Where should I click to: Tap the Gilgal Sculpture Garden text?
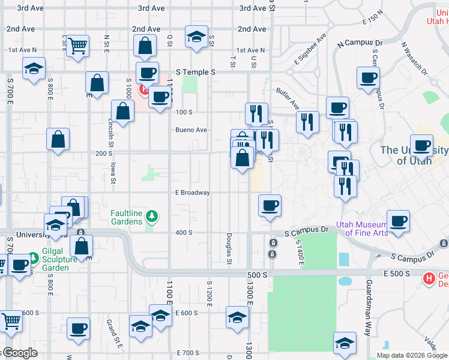click(x=59, y=259)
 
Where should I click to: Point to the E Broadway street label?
click(x=193, y=193)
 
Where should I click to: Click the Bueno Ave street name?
click(x=191, y=130)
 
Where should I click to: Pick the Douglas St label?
click(x=229, y=248)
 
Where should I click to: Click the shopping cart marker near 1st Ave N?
click(x=77, y=46)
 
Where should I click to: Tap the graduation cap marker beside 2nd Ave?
click(x=196, y=37)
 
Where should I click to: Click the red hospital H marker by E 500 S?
click(x=429, y=278)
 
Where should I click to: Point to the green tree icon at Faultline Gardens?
click(x=152, y=215)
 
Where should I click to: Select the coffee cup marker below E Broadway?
click(x=270, y=205)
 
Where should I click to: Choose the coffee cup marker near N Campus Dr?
click(x=368, y=77)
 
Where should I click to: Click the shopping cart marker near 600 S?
click(x=11, y=322)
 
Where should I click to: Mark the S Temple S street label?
click(x=196, y=72)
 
